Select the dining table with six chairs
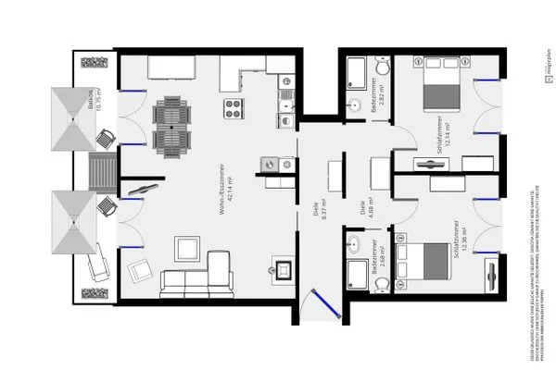[x=171, y=127]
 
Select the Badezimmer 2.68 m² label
[x=373, y=276]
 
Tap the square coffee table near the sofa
[x=188, y=248]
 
